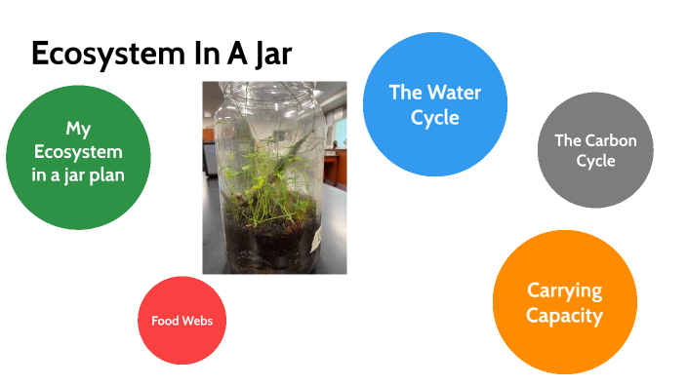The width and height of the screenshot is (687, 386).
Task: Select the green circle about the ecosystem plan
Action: tap(78, 156)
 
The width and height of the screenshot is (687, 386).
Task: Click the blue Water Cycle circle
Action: tap(435, 104)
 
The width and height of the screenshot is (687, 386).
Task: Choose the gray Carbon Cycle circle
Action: tap(595, 150)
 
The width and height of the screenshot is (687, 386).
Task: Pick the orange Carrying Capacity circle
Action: tap(565, 302)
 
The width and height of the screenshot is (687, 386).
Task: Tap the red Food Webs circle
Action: tap(182, 321)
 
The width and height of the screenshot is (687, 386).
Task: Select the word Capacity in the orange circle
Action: tap(565, 315)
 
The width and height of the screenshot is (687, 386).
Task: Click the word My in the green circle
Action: tap(78, 129)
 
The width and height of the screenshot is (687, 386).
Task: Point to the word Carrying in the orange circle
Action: tap(565, 290)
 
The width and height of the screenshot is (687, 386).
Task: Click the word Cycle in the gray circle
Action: tap(595, 161)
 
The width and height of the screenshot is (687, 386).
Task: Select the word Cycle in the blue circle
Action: tap(435, 118)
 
